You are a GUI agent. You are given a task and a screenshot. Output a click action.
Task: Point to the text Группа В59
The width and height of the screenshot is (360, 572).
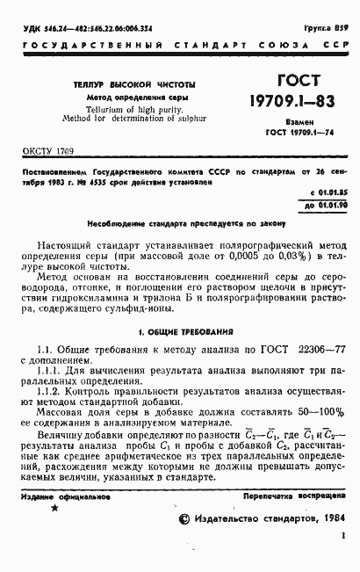pos(327,28)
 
